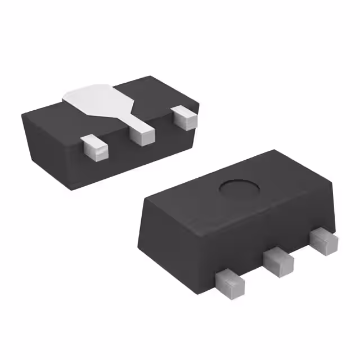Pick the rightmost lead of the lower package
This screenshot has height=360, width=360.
click(x=323, y=240)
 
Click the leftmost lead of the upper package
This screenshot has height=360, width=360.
click(x=93, y=148)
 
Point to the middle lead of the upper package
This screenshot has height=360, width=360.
click(x=141, y=133)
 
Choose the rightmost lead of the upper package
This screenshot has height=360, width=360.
click(x=184, y=116)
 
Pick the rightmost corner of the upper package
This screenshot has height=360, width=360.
click(x=199, y=102)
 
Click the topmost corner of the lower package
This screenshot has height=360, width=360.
click(x=274, y=151)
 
